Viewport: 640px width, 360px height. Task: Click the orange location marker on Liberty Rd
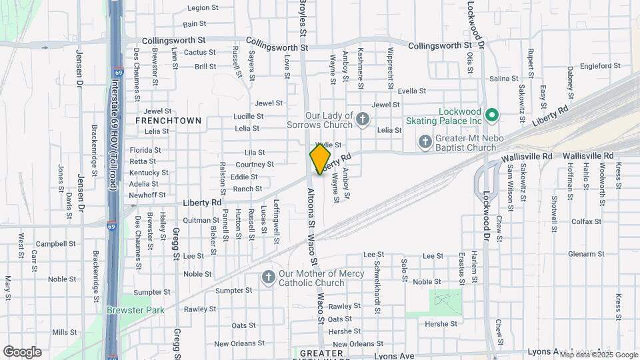(x=320, y=159)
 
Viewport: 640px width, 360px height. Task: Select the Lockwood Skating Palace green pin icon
(x=492, y=115)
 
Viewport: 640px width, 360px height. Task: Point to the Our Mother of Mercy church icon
(x=269, y=277)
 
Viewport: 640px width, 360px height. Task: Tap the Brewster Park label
(x=126, y=310)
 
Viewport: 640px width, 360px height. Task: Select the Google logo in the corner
(x=22, y=352)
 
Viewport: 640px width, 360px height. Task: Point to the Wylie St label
(x=328, y=145)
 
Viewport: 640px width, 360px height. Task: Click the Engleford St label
(x=600, y=66)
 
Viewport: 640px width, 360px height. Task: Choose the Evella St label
(x=411, y=91)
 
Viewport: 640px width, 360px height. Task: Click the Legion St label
(x=203, y=8)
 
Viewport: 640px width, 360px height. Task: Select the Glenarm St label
(x=586, y=254)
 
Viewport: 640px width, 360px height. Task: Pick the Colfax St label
(x=586, y=221)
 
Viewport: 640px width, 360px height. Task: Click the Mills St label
(x=65, y=332)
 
